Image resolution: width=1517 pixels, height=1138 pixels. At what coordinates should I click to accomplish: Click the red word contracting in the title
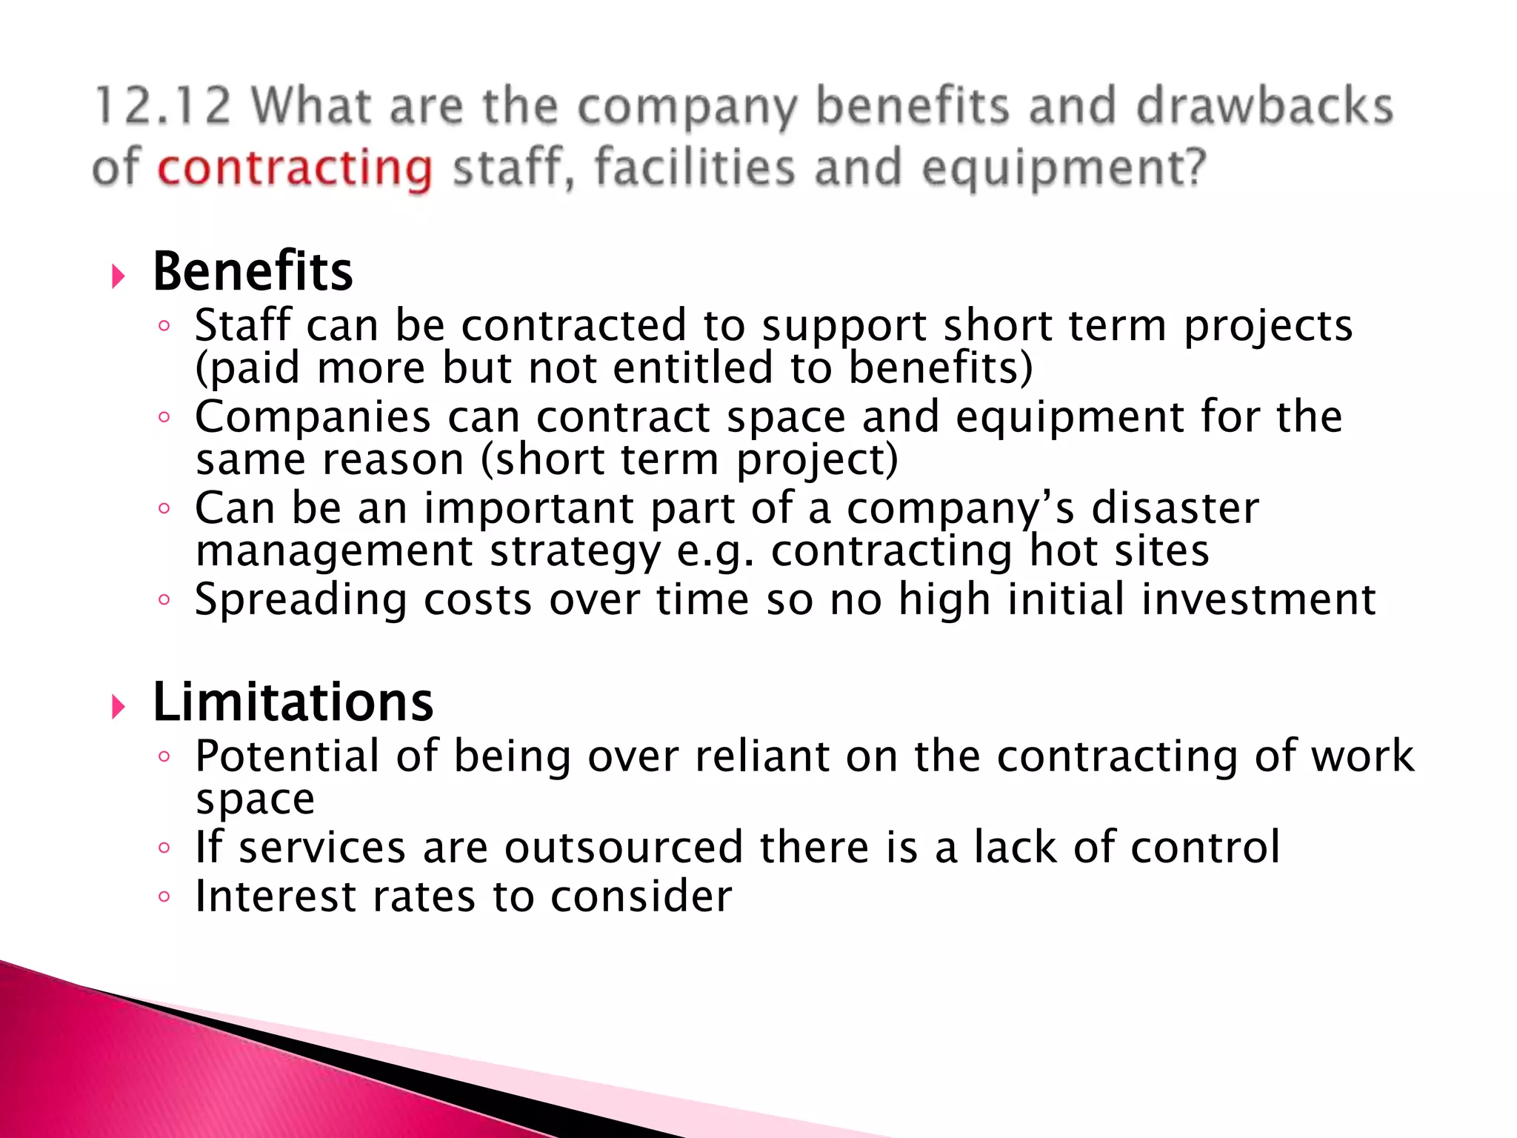(295, 168)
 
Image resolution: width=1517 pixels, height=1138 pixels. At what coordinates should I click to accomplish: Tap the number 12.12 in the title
(163, 106)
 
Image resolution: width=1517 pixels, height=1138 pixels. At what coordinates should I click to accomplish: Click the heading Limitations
(293, 702)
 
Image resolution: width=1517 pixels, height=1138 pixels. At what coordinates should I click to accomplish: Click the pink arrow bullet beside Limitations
(118, 707)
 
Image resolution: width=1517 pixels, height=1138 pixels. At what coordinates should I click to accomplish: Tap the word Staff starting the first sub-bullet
(243, 325)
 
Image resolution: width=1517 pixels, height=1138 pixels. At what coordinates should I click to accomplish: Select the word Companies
(313, 416)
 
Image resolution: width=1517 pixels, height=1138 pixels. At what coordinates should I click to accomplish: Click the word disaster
(1175, 508)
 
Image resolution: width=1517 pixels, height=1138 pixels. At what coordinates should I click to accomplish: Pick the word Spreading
(301, 600)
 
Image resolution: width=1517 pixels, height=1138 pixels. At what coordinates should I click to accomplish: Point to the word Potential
(287, 756)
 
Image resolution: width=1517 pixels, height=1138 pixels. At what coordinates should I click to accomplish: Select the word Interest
(275, 896)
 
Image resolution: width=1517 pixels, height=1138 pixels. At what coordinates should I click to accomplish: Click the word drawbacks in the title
(1264, 106)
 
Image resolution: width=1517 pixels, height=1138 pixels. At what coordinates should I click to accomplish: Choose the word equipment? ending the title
(1064, 168)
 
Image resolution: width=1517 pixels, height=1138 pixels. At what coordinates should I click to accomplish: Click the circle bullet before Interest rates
(164, 897)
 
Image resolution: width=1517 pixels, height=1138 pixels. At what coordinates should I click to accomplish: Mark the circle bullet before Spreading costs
(164, 599)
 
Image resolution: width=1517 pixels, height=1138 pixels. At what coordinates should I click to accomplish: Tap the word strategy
(575, 552)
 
